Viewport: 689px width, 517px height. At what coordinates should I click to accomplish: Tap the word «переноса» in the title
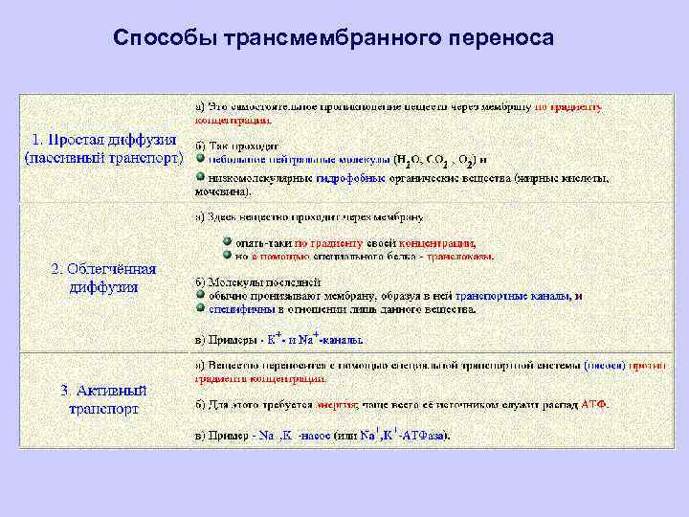click(x=499, y=38)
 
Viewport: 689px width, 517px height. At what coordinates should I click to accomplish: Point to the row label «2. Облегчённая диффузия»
click(x=103, y=278)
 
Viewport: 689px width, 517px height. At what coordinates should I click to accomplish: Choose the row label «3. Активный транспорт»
click(x=103, y=399)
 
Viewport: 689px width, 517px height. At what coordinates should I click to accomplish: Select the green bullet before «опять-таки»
click(x=227, y=242)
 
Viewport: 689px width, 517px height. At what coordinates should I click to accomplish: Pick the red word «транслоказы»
click(x=460, y=257)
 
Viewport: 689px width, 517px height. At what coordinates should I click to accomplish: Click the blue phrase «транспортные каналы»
click(x=512, y=297)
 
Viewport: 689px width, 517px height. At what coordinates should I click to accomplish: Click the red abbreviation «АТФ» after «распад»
click(x=594, y=404)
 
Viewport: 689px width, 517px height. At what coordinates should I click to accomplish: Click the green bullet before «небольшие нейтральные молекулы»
click(x=201, y=158)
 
